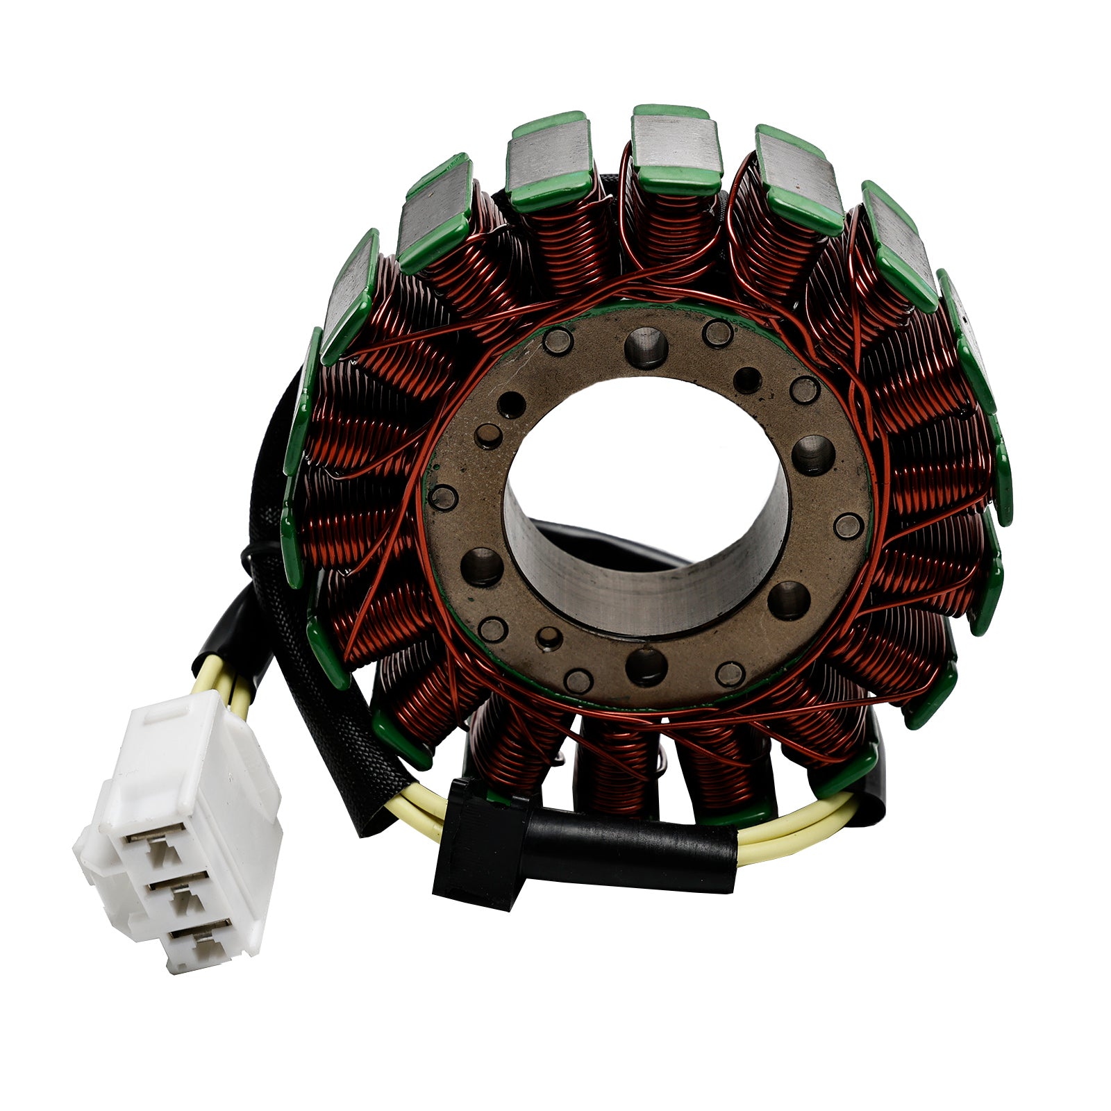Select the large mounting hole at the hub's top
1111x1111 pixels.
(x=646, y=347)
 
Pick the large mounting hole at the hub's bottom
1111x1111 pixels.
(x=646, y=667)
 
